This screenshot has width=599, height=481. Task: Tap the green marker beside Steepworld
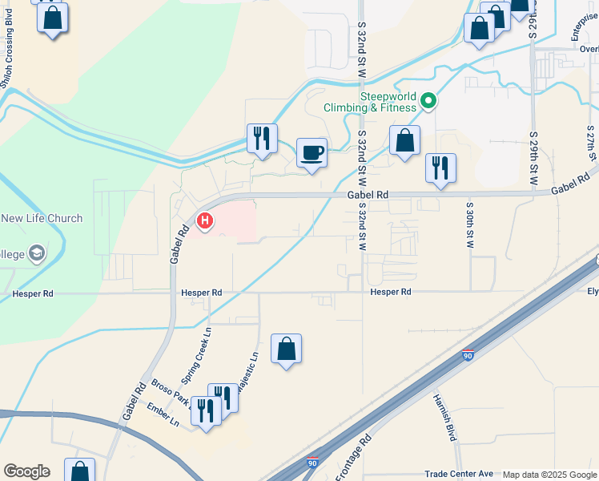click(x=428, y=101)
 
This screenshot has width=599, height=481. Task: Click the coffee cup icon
click(x=312, y=152)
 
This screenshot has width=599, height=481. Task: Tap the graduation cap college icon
click(x=35, y=253)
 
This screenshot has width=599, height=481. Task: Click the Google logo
click(x=26, y=471)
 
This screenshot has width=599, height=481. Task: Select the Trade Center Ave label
click(x=459, y=475)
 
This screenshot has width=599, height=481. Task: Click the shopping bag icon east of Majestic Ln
click(x=286, y=349)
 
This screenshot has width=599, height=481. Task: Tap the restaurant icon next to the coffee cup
click(x=262, y=139)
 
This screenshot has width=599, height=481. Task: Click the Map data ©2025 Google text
click(x=549, y=475)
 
